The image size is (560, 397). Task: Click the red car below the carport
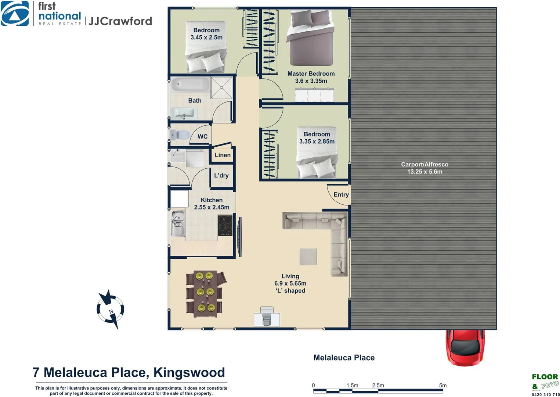pos(465,347)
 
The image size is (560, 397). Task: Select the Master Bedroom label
pos(311,74)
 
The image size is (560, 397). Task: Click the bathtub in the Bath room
pos(190,85)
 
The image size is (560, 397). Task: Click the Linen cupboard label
pos(223,155)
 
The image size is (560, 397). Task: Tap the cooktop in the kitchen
pos(225,225)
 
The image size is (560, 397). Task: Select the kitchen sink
pos(178,223)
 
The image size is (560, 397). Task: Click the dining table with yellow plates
pos(205,292)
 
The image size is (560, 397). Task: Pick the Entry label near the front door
pos(341,195)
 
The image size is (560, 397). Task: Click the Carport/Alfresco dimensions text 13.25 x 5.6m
pos(424,172)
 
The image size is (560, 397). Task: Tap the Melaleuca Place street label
pos(344,358)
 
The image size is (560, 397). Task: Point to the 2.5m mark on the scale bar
pos(378,386)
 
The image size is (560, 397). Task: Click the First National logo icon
pos(15,14)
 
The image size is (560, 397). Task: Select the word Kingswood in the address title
pos(189,372)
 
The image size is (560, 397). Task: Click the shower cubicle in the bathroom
pos(221,87)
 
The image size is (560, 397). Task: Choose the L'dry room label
pos(221,176)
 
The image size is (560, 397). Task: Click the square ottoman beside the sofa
pos(308,257)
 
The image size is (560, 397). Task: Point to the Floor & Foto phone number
pos(545,394)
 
